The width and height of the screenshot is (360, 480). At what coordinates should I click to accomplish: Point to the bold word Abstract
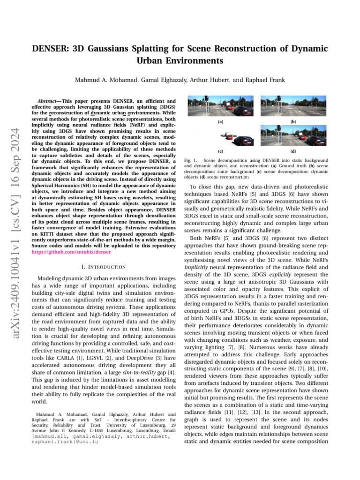(48, 100)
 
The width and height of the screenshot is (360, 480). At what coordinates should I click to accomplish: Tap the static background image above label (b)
(292, 106)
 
